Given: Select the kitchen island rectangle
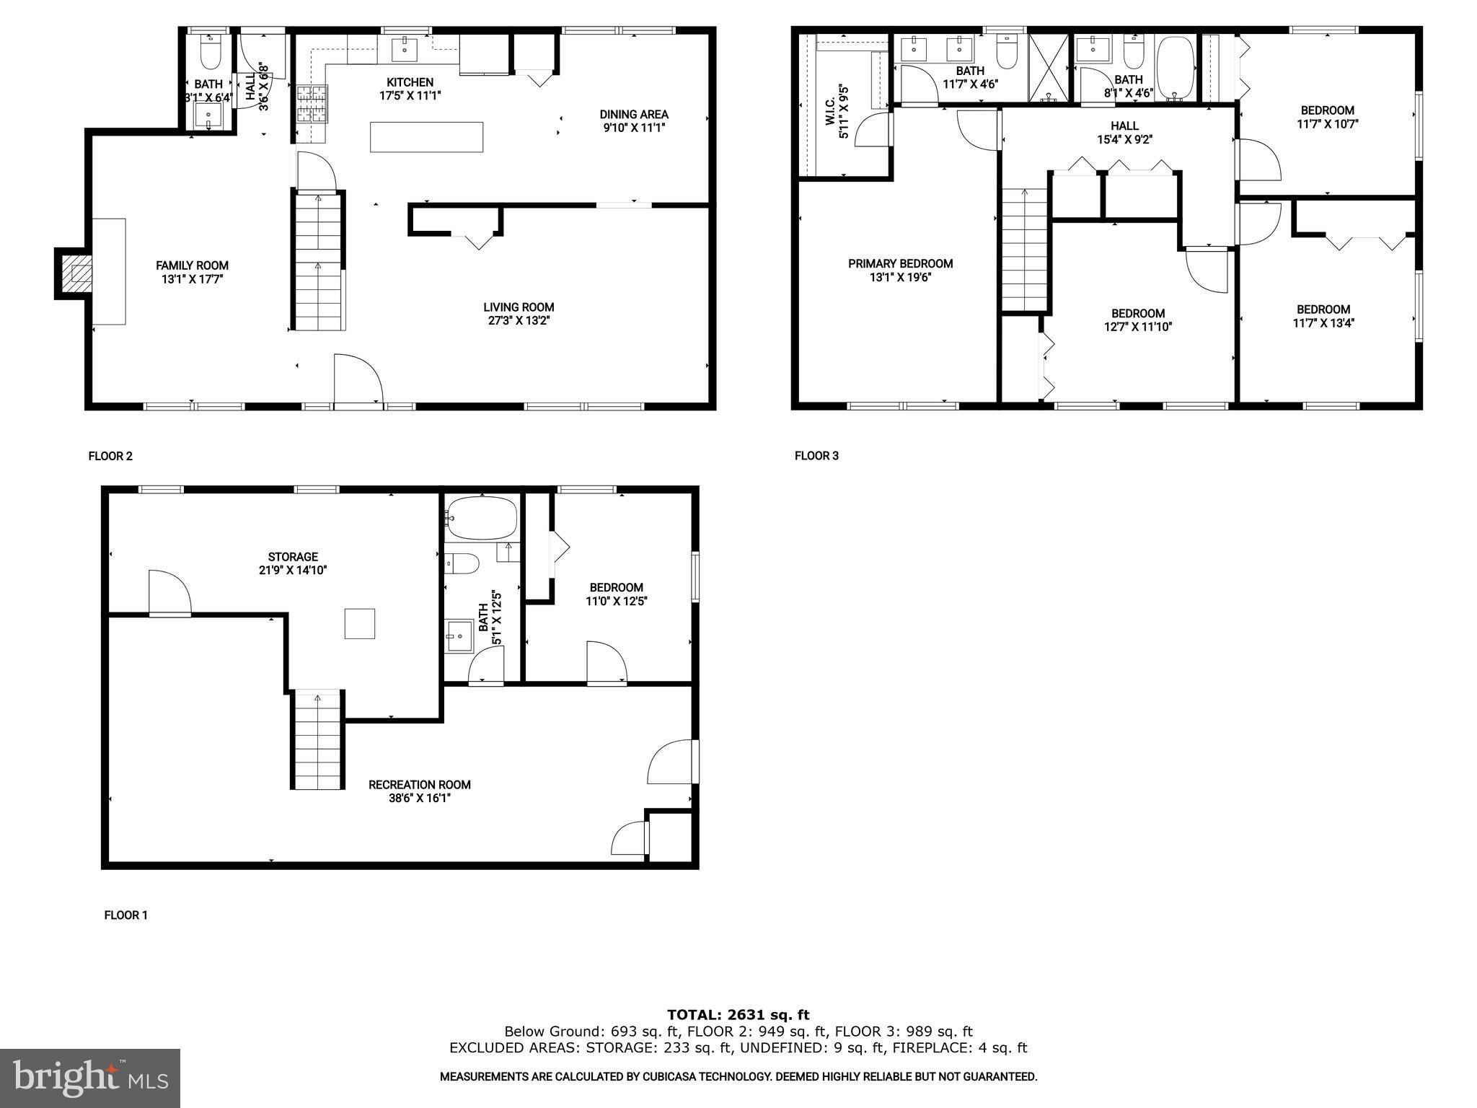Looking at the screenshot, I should (x=426, y=137).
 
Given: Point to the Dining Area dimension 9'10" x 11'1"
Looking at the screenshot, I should (x=633, y=128).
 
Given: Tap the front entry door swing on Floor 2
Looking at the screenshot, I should (x=358, y=379).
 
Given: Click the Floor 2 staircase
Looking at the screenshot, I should (x=317, y=261).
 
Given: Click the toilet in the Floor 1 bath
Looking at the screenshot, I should (x=462, y=563).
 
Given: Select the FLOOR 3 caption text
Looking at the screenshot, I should (x=816, y=456).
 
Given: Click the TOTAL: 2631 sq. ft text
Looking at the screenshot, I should (x=738, y=1015).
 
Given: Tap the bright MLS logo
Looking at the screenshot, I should (x=90, y=1078).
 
